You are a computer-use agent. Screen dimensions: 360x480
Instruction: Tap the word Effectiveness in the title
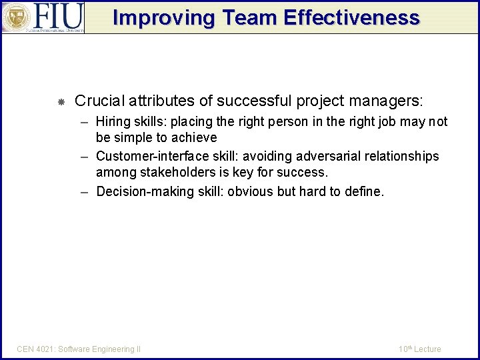pos(352,17)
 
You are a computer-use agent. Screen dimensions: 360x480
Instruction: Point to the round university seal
pos(16,17)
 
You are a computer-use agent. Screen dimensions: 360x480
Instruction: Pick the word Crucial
pos(99,101)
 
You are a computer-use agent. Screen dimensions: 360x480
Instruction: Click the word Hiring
pos(113,122)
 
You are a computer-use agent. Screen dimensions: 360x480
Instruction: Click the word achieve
pos(193,138)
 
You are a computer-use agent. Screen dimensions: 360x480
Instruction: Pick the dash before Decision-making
pos(85,192)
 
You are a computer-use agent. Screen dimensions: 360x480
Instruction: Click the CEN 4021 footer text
pos(79,349)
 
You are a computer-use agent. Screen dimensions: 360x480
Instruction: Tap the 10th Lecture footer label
pos(419,349)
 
